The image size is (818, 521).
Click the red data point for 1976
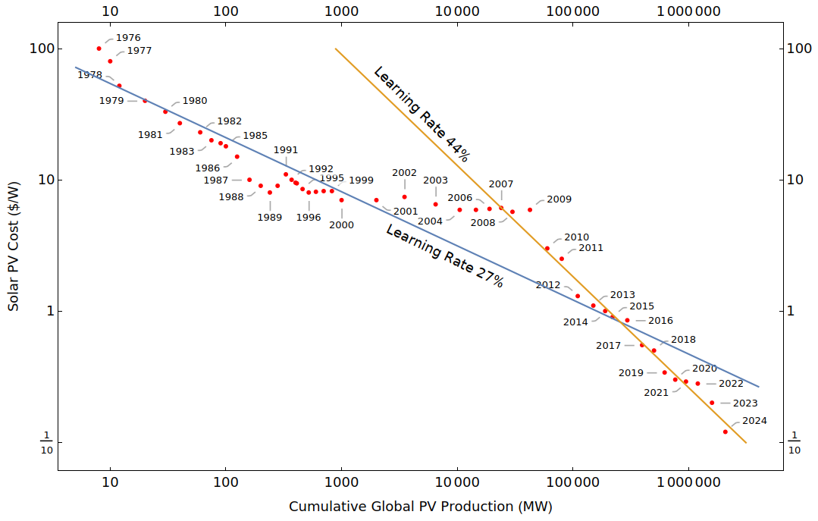[99, 49]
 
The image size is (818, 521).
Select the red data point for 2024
[726, 432]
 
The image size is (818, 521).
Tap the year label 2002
[404, 173]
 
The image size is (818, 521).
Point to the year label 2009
[559, 199]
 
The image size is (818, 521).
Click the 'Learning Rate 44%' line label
[422, 115]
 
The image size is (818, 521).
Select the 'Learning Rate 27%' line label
[444, 256]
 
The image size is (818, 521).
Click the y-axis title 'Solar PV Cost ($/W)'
[14, 246]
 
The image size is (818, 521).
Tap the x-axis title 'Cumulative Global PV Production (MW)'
[420, 506]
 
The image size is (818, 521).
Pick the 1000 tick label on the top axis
[341, 11]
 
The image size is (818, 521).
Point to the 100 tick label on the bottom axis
[225, 482]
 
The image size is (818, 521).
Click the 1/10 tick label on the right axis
[794, 442]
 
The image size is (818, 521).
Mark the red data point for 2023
[712, 403]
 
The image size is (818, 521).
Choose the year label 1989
[269, 218]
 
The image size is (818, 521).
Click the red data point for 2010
[547, 248]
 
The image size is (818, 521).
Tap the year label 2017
[608, 346]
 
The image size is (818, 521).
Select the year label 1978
[89, 75]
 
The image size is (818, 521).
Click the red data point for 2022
[697, 384]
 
